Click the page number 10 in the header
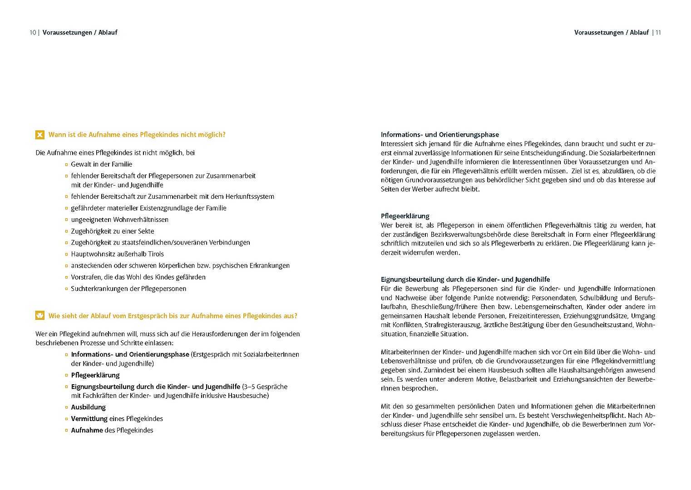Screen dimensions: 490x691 click(33, 33)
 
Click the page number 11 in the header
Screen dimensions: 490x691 click(658, 33)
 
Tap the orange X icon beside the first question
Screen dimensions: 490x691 click(40, 135)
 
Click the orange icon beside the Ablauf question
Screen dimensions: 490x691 click(40, 316)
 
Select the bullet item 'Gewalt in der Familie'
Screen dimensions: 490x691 click(101, 164)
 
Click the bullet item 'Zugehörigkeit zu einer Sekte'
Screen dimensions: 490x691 click(112, 231)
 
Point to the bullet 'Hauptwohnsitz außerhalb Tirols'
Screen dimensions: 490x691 click(117, 254)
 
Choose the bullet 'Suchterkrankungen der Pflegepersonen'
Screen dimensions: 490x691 click(128, 289)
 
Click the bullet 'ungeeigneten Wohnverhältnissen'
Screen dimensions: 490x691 click(119, 220)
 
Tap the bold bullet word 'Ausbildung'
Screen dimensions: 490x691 click(88, 407)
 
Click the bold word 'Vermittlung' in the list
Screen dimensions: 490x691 click(89, 419)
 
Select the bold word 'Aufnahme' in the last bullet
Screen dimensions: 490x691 click(87, 430)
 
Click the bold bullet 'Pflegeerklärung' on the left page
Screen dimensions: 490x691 click(95, 375)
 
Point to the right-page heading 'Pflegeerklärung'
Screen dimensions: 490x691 click(405, 216)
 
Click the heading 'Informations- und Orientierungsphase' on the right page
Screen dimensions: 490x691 click(439, 135)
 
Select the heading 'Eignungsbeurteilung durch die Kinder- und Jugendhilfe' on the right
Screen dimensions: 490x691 click(465, 279)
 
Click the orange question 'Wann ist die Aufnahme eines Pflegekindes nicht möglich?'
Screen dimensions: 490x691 click(137, 135)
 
